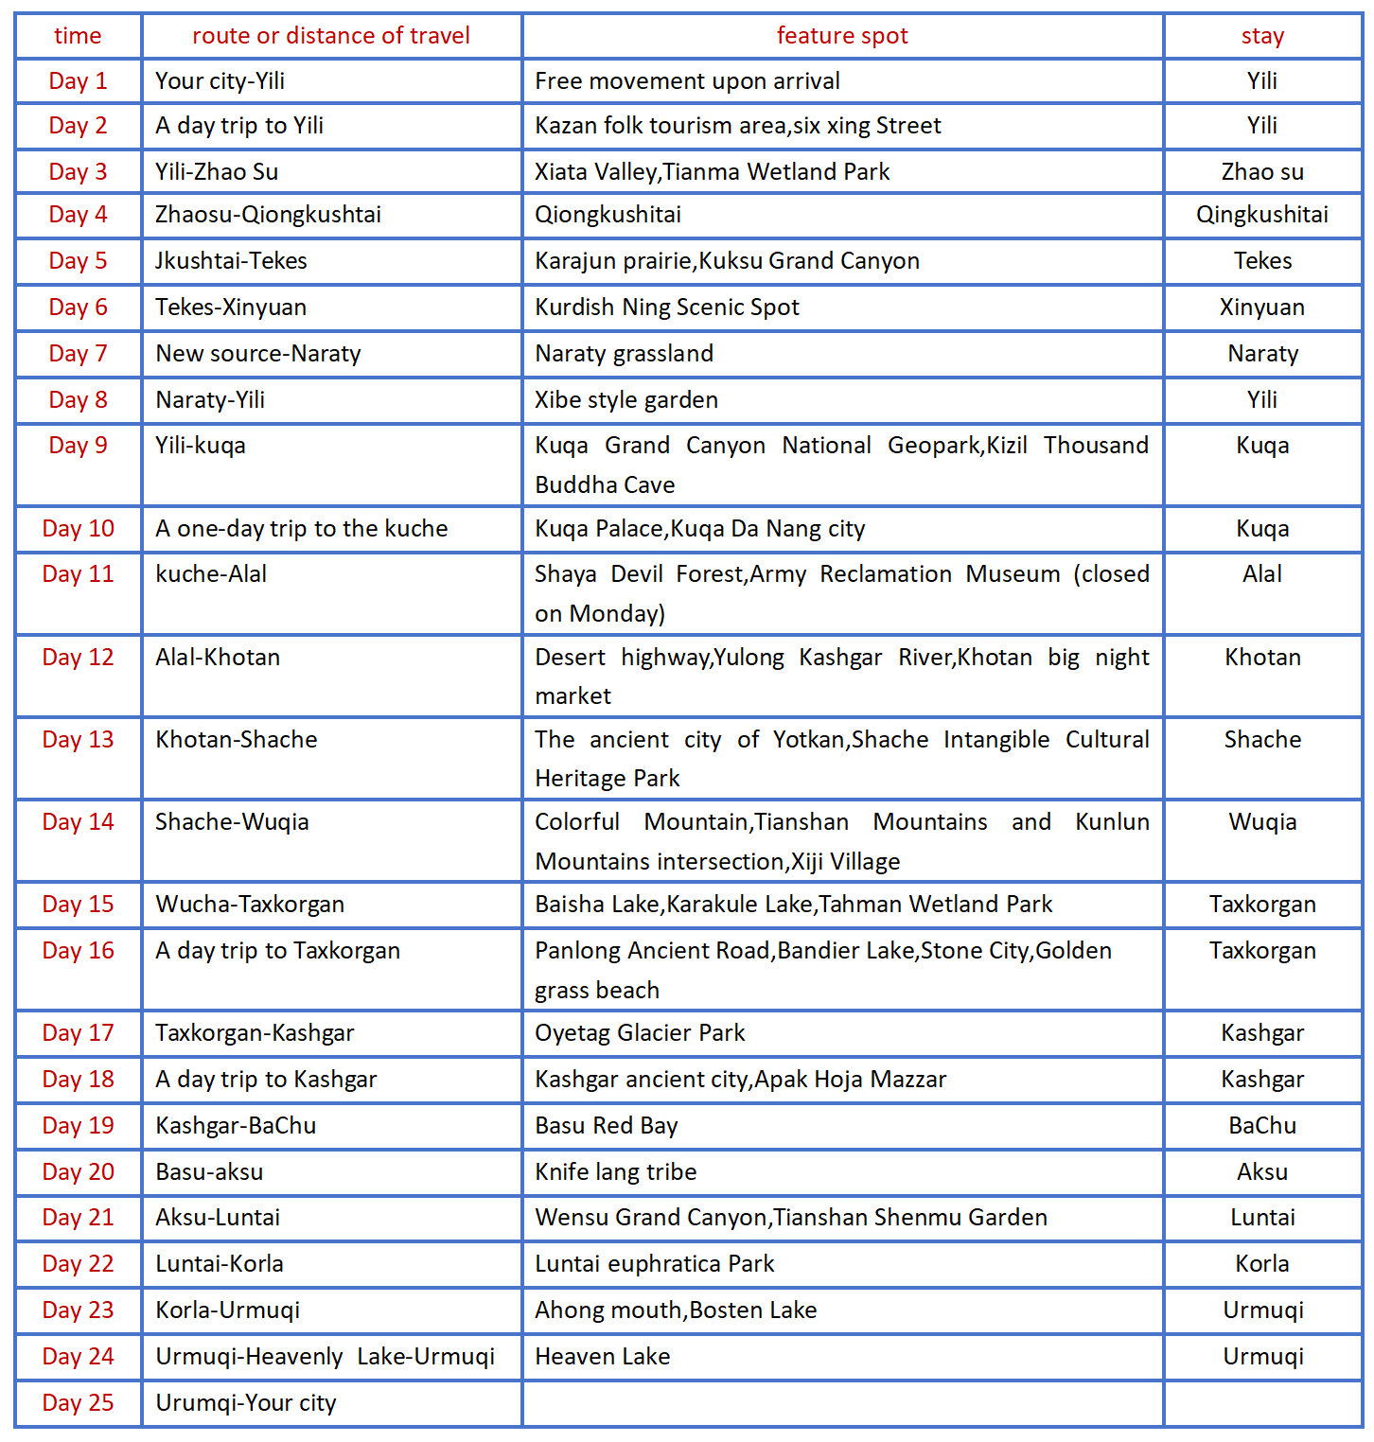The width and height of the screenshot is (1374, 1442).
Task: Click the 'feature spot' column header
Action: click(x=841, y=36)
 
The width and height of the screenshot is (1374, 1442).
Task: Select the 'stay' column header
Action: click(x=1262, y=37)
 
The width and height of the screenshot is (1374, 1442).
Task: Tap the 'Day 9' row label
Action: click(x=78, y=446)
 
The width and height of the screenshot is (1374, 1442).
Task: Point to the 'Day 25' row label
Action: click(x=78, y=1403)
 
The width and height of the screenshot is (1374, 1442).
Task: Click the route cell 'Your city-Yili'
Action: click(x=220, y=81)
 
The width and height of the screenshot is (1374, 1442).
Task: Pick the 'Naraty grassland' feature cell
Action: click(x=624, y=354)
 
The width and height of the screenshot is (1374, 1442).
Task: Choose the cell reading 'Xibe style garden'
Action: click(x=625, y=400)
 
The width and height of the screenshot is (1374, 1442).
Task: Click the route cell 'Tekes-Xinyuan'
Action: click(x=231, y=308)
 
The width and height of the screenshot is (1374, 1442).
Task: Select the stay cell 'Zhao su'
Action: click(x=1262, y=172)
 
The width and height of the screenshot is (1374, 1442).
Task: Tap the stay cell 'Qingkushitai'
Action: click(x=1262, y=215)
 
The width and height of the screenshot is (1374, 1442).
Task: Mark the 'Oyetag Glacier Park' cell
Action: click(x=640, y=1033)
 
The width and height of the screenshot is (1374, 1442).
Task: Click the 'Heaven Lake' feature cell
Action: click(x=602, y=1357)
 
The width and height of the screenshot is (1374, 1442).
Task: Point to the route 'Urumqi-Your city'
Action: click(x=245, y=1403)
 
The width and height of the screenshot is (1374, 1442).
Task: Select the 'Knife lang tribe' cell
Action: click(x=615, y=1172)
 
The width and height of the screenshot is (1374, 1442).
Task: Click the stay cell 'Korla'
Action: click(x=1262, y=1264)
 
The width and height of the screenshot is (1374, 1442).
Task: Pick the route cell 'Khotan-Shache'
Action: click(x=236, y=740)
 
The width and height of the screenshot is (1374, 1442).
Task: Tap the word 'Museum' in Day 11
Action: click(x=1013, y=574)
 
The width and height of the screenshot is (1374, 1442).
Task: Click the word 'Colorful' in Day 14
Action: click(x=577, y=822)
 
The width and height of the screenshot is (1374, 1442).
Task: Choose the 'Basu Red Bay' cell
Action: click(x=606, y=1126)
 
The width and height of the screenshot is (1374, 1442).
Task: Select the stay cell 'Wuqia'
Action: click(x=1262, y=822)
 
